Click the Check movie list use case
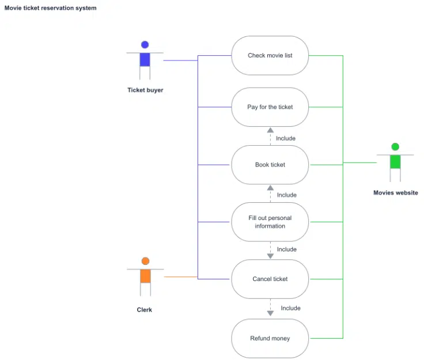[270, 55]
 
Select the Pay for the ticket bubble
[270, 107]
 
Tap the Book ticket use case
[270, 165]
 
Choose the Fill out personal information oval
[270, 222]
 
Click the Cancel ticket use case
[270, 279]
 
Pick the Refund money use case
[270, 339]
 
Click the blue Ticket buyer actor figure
[145, 59]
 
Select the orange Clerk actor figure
[145, 276]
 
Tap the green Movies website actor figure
[395, 162]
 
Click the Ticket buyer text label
[145, 90]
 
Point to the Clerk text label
[145, 310]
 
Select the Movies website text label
[396, 193]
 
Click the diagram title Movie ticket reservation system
[51, 8]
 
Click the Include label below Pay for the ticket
[286, 138]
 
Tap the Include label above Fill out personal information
[286, 195]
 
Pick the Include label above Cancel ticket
[286, 249]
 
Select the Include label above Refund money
[290, 308]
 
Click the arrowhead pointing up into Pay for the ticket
[270, 130]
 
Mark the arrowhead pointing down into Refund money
[270, 313]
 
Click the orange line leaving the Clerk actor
[180, 277]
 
